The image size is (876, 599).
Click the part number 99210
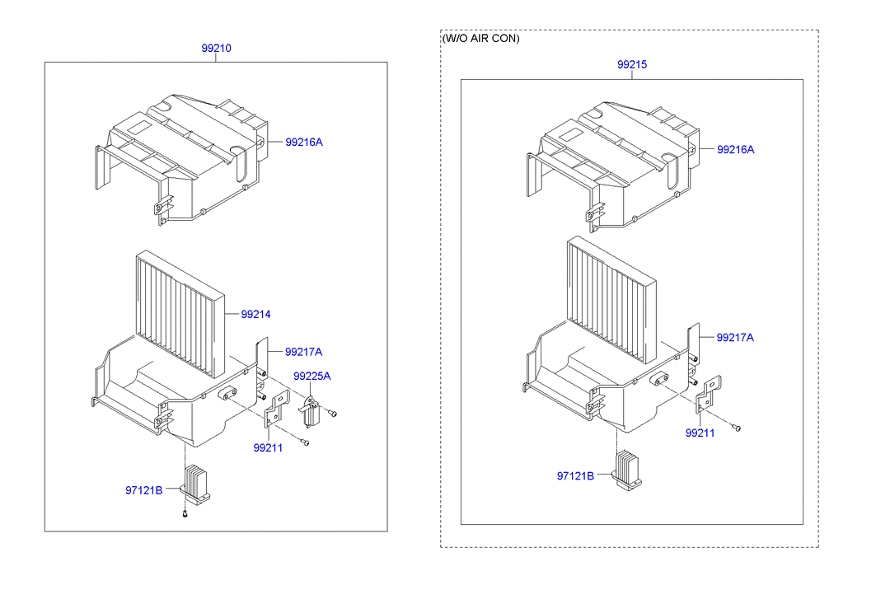click(217, 49)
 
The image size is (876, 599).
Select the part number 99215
click(632, 64)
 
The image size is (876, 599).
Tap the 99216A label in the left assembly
click(304, 142)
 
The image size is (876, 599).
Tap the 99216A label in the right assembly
click(735, 149)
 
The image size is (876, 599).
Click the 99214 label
click(256, 314)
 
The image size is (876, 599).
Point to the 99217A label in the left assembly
click(303, 352)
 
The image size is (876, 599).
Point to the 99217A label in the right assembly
click(735, 337)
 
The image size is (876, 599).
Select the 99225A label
click(312, 376)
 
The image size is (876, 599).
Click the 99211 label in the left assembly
click(268, 448)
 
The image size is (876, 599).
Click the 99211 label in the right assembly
click(700, 433)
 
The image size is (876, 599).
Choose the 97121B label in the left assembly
click(144, 489)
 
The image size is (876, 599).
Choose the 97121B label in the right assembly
click(575, 475)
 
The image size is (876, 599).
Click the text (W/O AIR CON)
click(481, 39)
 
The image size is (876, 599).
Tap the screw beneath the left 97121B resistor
click(185, 515)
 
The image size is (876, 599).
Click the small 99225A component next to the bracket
click(311, 413)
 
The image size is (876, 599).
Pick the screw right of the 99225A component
click(334, 413)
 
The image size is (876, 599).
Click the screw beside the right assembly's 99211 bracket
click(738, 428)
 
